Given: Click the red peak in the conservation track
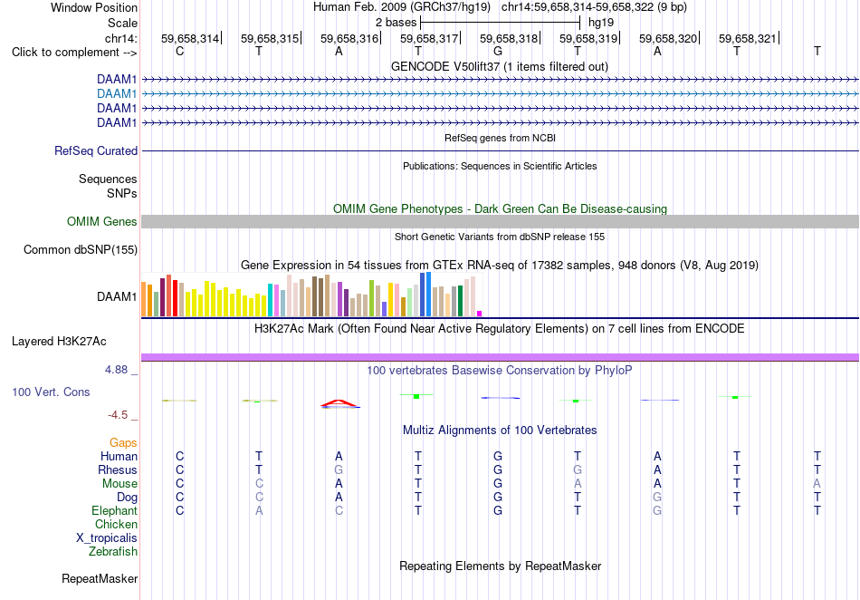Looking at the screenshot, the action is click(339, 403).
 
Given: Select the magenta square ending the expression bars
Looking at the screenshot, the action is click(480, 314).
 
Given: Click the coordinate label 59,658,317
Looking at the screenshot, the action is click(429, 38).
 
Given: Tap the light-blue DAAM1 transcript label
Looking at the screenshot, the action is click(117, 94).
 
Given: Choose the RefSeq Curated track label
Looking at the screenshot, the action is click(96, 151).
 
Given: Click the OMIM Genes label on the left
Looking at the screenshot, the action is click(102, 222).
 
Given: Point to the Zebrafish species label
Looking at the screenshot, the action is click(113, 552).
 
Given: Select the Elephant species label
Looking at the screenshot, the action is click(114, 511).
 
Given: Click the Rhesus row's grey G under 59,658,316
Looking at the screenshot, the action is click(339, 469).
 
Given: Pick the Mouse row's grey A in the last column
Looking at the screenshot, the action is click(817, 484).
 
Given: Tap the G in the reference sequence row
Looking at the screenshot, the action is click(498, 52).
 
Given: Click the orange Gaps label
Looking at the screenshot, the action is click(123, 443).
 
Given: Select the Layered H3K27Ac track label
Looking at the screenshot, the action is click(59, 342).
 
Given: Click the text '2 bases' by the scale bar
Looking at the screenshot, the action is click(396, 23).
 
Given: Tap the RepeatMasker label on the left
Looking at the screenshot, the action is click(100, 579).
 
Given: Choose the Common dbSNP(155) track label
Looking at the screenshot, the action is click(81, 250).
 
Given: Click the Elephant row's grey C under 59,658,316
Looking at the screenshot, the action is click(339, 510).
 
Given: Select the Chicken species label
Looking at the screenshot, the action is click(116, 525).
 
